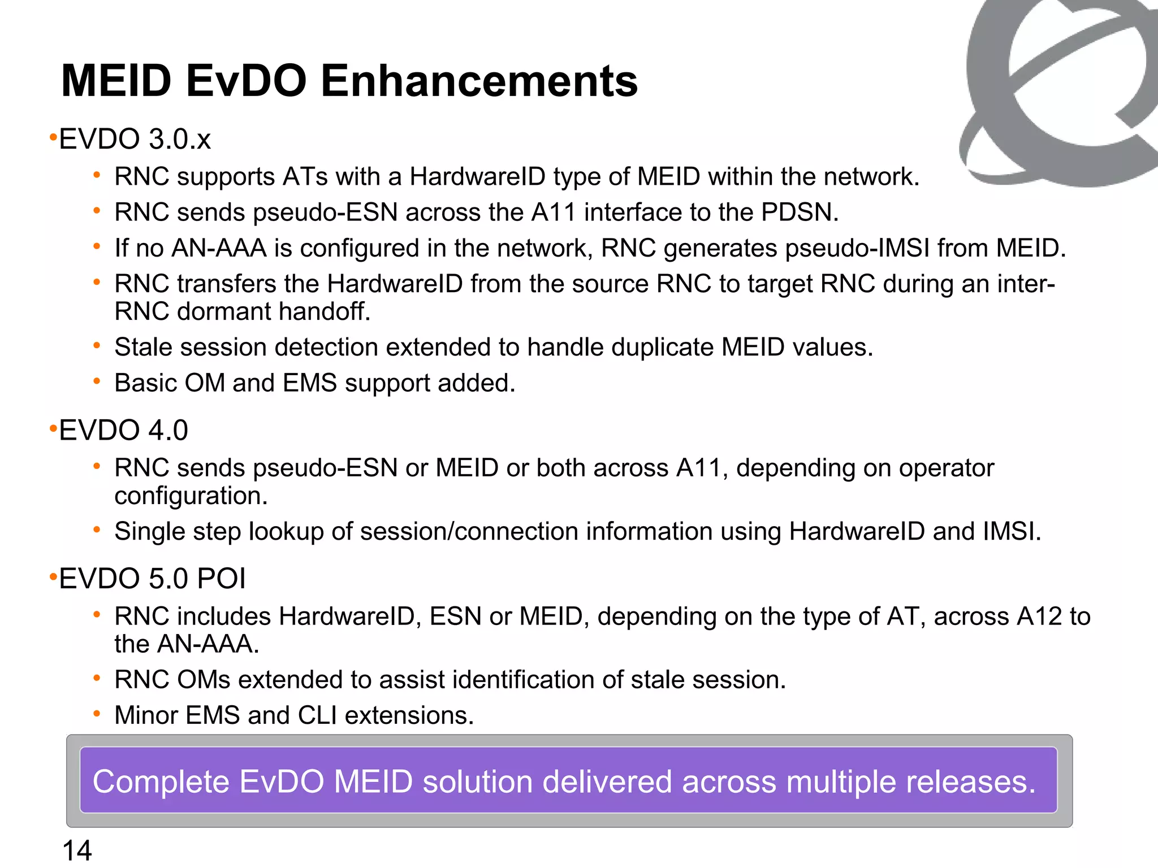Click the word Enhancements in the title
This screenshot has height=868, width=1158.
479,81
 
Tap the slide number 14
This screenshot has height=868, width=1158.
77,850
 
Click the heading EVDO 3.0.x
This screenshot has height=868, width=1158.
135,139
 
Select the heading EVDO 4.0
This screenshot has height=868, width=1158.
123,430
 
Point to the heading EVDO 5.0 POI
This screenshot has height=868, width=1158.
152,579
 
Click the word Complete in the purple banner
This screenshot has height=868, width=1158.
161,782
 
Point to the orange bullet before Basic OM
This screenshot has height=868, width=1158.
97,382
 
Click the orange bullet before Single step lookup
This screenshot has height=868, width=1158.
97,530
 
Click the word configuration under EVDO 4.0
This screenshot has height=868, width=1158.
191,496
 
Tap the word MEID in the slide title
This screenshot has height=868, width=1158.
116,81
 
